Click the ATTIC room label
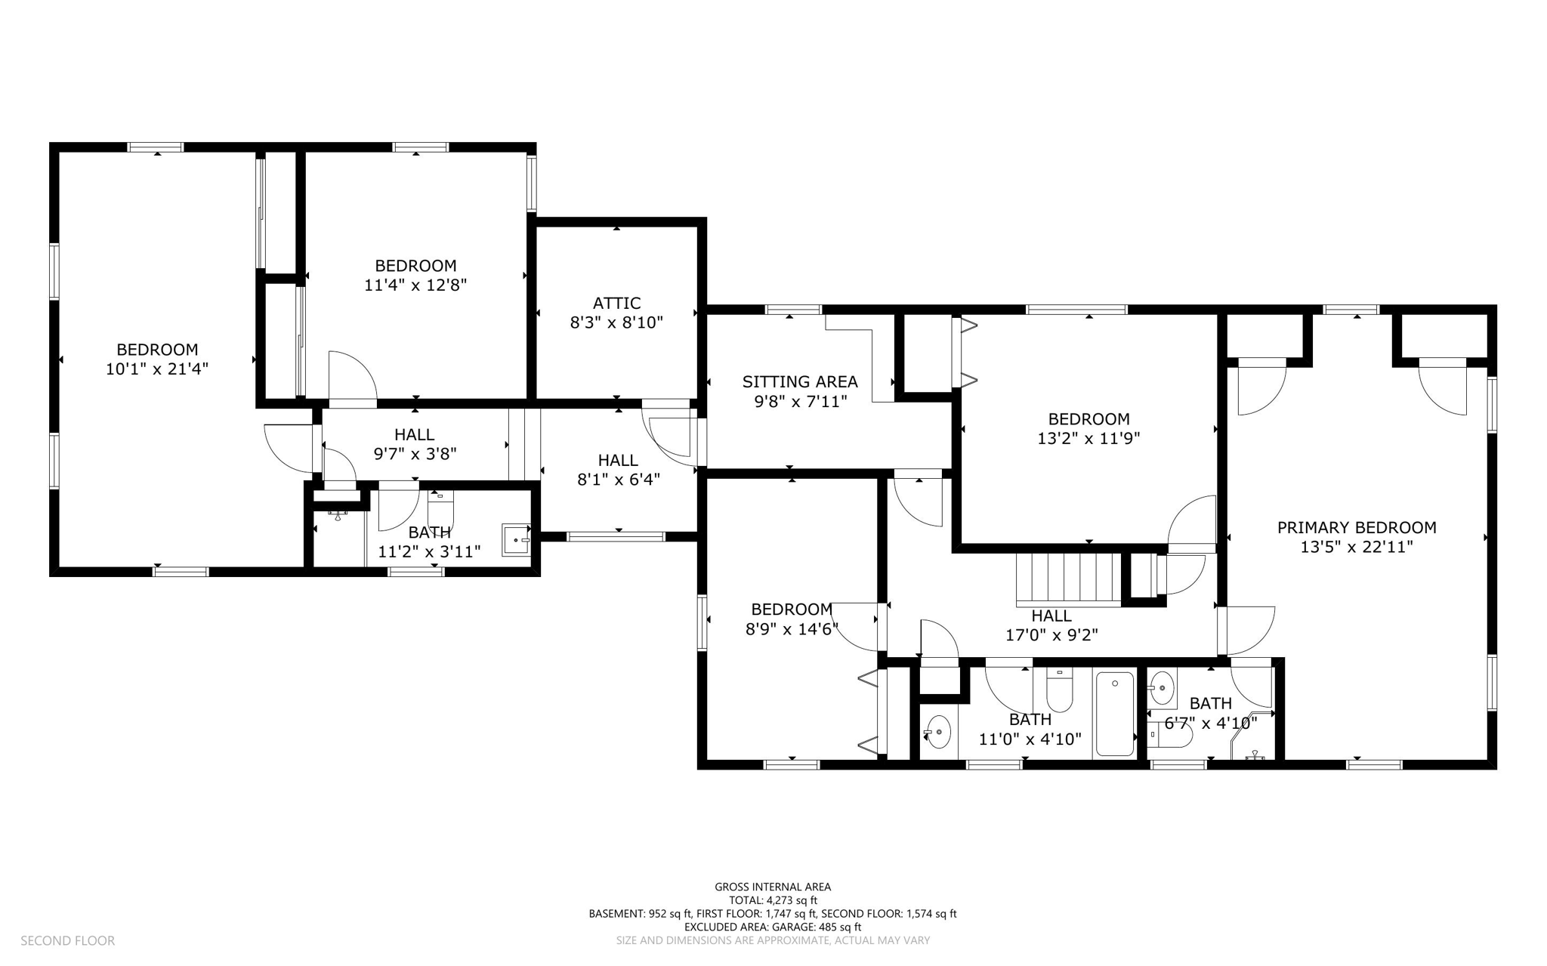click(616, 303)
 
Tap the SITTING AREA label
click(800, 382)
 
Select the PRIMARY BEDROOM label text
click(1357, 528)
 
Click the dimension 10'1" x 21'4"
click(157, 369)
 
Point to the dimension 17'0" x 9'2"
click(1051, 635)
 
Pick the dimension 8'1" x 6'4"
click(619, 480)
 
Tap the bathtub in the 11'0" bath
click(1115, 714)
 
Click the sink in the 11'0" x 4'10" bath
click(938, 731)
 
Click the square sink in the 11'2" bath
click(517, 540)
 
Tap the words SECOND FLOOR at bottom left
click(67, 940)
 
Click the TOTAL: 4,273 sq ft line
click(773, 900)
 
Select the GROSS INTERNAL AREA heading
click(773, 887)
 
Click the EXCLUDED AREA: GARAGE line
click(773, 927)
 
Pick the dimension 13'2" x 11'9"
click(1088, 438)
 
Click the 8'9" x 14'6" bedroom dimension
click(792, 629)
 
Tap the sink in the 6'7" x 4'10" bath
click(1162, 687)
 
